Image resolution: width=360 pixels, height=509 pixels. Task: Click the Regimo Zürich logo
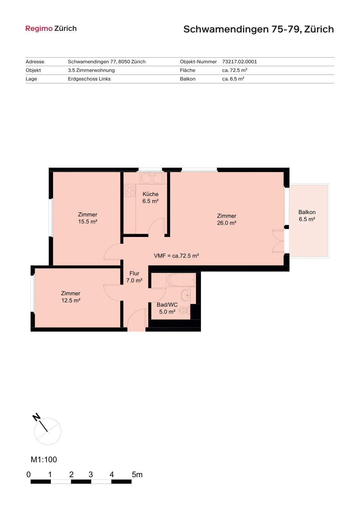(51, 28)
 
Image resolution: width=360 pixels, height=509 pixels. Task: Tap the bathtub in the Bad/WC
(181, 280)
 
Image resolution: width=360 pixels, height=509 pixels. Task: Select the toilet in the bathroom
(185, 310)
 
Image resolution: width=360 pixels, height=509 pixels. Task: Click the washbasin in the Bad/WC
(186, 295)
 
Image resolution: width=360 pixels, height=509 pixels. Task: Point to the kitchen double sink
(152, 178)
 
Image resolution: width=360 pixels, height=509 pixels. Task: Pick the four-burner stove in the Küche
(129, 190)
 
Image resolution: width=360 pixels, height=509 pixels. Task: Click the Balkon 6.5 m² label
(307, 216)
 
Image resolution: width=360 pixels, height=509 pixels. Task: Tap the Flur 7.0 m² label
(135, 277)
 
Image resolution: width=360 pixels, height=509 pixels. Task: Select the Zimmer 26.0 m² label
(227, 219)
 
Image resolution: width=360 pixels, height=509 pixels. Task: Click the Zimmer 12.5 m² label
(71, 297)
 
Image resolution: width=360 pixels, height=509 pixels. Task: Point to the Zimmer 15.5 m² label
(88, 218)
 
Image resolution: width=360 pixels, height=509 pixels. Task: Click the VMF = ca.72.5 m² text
(177, 256)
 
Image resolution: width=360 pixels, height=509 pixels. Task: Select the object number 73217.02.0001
(239, 62)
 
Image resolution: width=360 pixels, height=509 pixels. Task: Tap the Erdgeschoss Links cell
(89, 79)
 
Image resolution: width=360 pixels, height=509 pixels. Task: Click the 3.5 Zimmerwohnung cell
(91, 70)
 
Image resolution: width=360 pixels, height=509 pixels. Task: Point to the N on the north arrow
(36, 417)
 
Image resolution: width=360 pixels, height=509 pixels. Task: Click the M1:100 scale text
(44, 459)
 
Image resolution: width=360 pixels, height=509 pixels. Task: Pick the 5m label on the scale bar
(137, 474)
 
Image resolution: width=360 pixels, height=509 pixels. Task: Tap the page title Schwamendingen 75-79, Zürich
(259, 29)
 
